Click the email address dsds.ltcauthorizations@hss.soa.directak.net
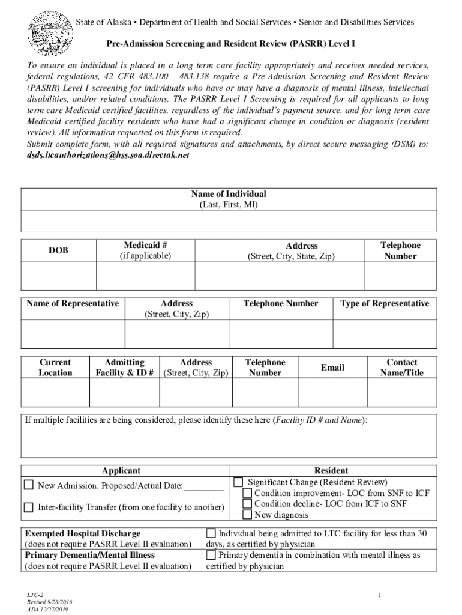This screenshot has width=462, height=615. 108,155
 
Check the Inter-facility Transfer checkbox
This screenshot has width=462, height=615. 29,507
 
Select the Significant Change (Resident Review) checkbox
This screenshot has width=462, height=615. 239,482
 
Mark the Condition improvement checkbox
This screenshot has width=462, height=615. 247,493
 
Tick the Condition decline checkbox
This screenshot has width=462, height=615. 247,504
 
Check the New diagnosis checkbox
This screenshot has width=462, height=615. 247,515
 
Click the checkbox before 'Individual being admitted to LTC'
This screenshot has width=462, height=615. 211,533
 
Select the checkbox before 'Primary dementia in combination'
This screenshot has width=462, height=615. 211,555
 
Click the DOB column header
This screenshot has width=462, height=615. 59,250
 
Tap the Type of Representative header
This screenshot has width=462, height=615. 385,303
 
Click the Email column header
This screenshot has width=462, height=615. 332,367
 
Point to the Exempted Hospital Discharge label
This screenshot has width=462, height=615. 83,533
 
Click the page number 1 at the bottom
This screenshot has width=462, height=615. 380,595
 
